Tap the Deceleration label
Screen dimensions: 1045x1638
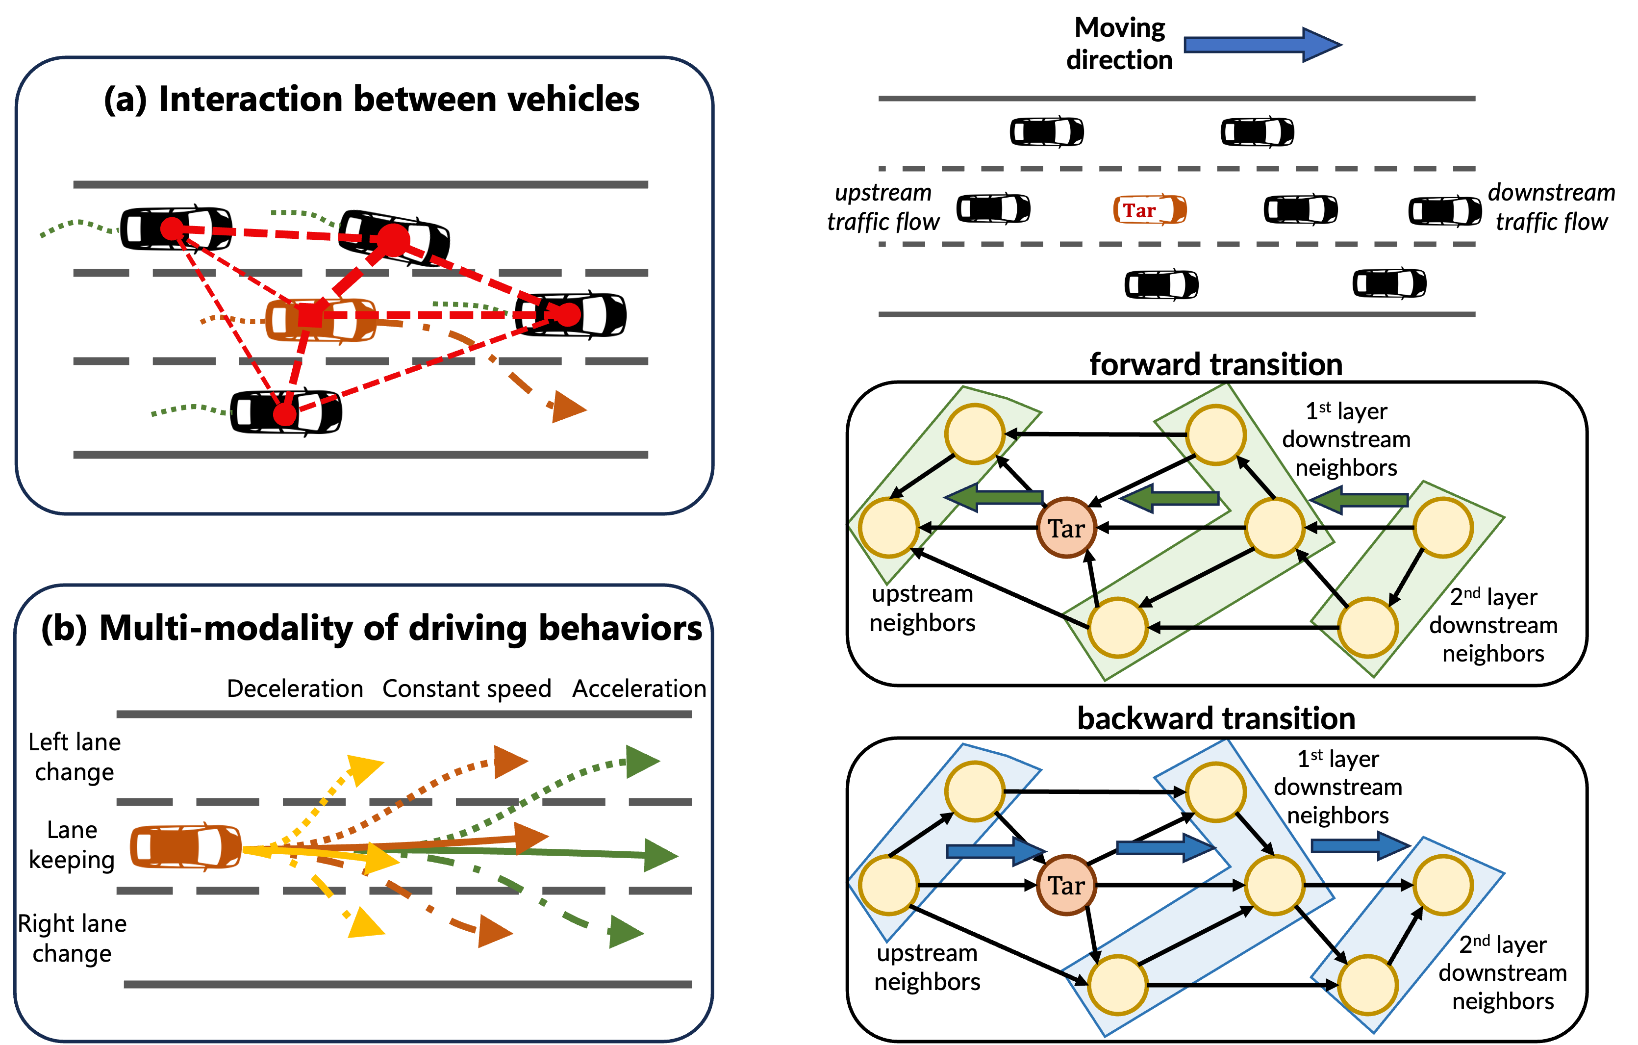click(x=295, y=688)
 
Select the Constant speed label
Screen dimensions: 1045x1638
click(x=467, y=688)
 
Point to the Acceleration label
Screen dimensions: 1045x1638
click(x=639, y=688)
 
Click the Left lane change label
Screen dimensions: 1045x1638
click(x=74, y=757)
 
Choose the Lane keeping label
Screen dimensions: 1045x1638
click(x=72, y=844)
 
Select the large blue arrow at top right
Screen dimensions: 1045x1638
click(x=1262, y=45)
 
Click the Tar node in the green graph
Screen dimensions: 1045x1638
click(x=1066, y=528)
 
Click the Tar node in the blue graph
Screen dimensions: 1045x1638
click(x=1066, y=885)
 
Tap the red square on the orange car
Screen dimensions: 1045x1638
click(x=310, y=316)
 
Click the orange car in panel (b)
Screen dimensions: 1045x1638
click(x=185, y=847)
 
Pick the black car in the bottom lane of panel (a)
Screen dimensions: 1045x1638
click(x=286, y=411)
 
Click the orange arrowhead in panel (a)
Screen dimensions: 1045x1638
click(x=567, y=408)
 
